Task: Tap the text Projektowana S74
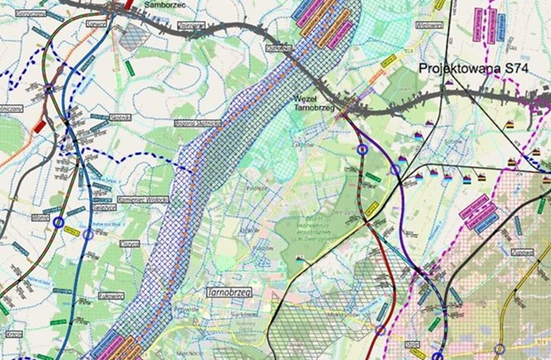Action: pyautogui.click(x=474, y=70)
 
